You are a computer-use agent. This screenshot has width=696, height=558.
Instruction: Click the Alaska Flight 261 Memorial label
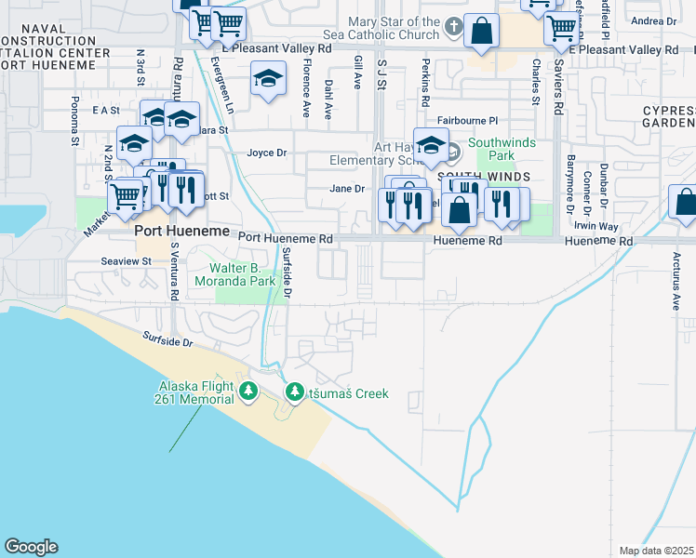click(195, 392)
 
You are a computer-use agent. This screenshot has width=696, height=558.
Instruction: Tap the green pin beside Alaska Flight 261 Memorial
click(248, 392)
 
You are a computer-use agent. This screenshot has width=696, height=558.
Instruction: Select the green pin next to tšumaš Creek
click(295, 393)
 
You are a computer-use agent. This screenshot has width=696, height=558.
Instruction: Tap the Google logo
click(31, 547)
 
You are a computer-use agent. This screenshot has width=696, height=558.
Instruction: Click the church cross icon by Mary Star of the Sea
click(452, 25)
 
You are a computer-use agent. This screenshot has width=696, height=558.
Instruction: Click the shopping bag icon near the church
click(481, 30)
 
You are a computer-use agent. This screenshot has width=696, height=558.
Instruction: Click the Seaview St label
click(127, 261)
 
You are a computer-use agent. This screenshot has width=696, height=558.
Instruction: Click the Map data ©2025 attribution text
click(656, 551)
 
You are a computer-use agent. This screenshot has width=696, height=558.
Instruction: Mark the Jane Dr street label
click(347, 189)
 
